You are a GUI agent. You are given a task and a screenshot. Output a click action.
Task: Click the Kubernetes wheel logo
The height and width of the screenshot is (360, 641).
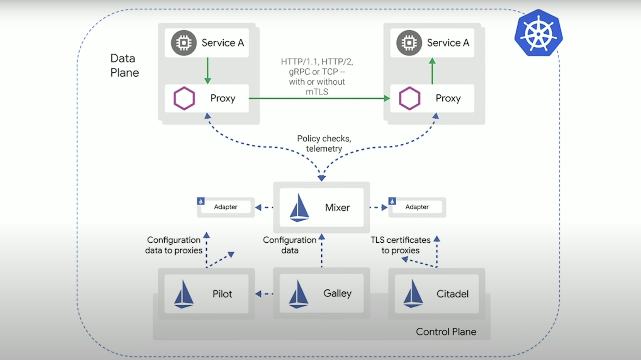tap(538, 33)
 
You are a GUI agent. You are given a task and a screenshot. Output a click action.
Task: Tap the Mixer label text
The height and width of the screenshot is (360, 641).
tap(337, 207)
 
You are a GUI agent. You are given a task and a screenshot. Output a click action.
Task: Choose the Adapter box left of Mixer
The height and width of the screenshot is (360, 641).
tap(226, 207)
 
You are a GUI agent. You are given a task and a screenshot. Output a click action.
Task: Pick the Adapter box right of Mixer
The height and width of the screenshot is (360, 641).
tap(417, 207)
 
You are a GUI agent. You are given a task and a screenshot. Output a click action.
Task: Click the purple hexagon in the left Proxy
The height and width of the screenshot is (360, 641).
tap(184, 98)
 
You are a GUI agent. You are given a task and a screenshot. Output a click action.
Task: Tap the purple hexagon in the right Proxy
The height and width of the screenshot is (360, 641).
tap(409, 98)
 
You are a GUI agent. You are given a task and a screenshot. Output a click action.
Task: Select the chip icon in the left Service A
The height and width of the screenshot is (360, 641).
tap(184, 43)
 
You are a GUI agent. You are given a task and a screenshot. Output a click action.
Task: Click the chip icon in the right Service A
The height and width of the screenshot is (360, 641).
tap(409, 43)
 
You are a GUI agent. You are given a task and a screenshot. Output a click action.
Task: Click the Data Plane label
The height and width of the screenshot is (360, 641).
tap(124, 65)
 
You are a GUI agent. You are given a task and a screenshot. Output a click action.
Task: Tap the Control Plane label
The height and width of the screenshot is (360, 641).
tap(446, 332)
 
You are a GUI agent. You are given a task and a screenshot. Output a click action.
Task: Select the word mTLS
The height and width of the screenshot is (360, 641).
tap(317, 92)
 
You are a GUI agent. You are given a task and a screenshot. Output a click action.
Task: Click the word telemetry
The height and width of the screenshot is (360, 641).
tap(324, 148)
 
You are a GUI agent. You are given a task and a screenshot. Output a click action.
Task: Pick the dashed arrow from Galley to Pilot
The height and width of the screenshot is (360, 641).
tap(264, 294)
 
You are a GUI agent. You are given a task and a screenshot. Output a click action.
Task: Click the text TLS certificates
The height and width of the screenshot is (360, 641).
tap(400, 240)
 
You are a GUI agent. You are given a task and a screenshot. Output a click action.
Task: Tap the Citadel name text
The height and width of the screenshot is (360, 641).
tap(452, 294)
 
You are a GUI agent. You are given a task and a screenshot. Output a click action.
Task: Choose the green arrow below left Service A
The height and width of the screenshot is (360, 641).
tap(208, 70)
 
